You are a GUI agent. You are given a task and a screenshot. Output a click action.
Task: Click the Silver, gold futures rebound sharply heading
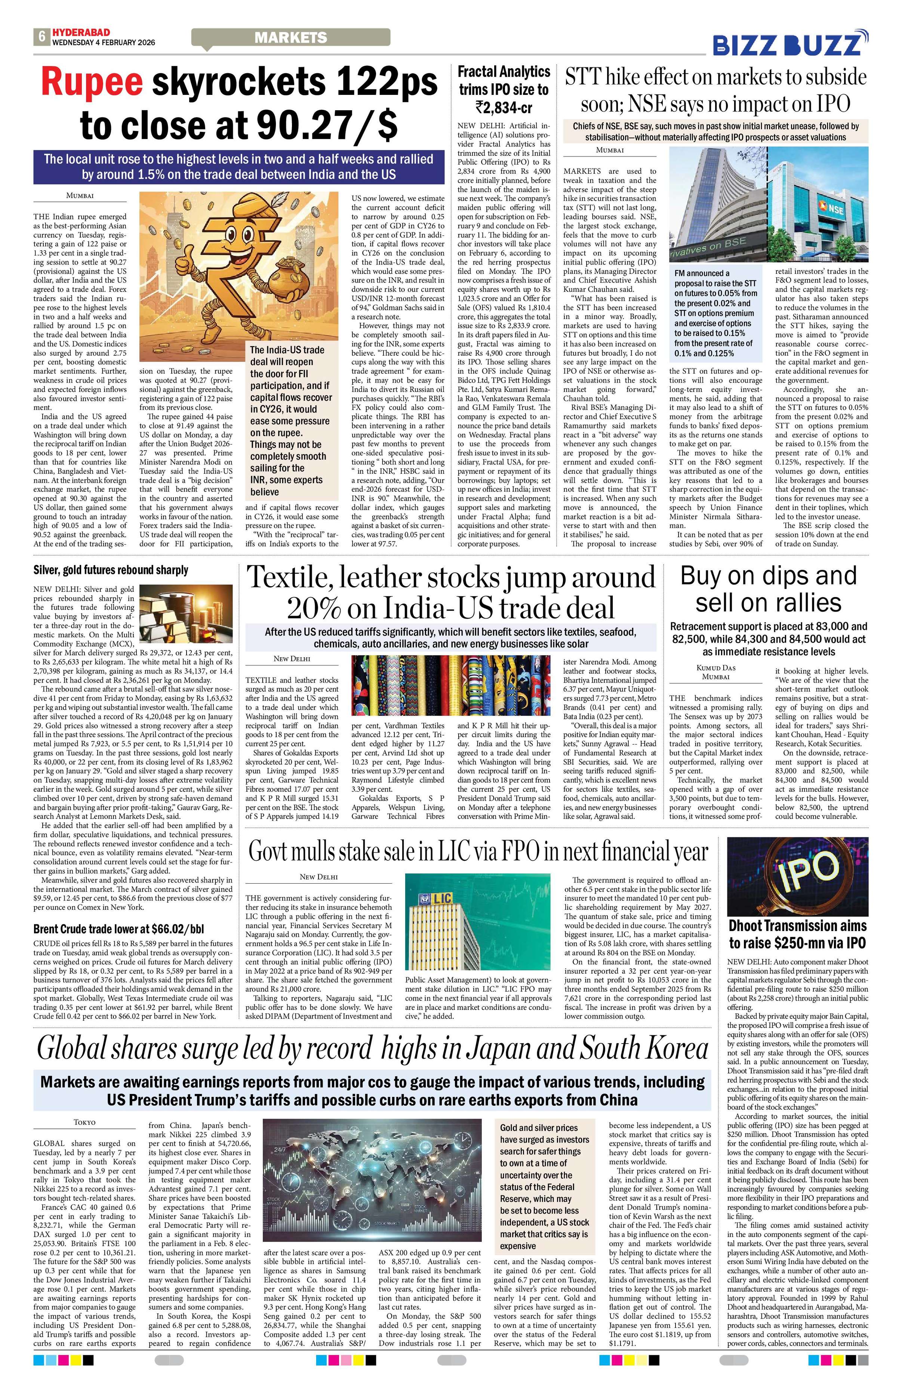point(111,570)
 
